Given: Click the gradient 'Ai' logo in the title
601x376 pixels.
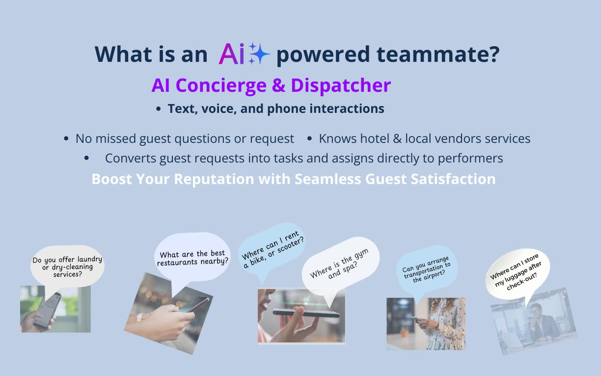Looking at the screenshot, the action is pos(232,54).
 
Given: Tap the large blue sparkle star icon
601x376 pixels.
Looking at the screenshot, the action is pos(260,54).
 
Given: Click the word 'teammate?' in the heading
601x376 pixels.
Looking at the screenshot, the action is pos(438,54).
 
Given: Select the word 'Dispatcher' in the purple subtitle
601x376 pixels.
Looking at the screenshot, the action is pos(341,86).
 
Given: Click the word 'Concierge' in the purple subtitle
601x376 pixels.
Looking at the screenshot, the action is pos(221,86).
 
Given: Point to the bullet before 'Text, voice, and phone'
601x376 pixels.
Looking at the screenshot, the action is pos(158,109).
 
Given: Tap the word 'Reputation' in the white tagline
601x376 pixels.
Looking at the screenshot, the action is pos(214,179).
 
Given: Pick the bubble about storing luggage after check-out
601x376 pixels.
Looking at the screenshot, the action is pos(518,272).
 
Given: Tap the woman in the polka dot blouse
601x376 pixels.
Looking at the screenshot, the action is pos(443,324).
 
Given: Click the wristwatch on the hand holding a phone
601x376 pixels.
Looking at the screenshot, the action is pos(139,317).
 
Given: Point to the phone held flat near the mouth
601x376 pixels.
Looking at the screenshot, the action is pos(306,313).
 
